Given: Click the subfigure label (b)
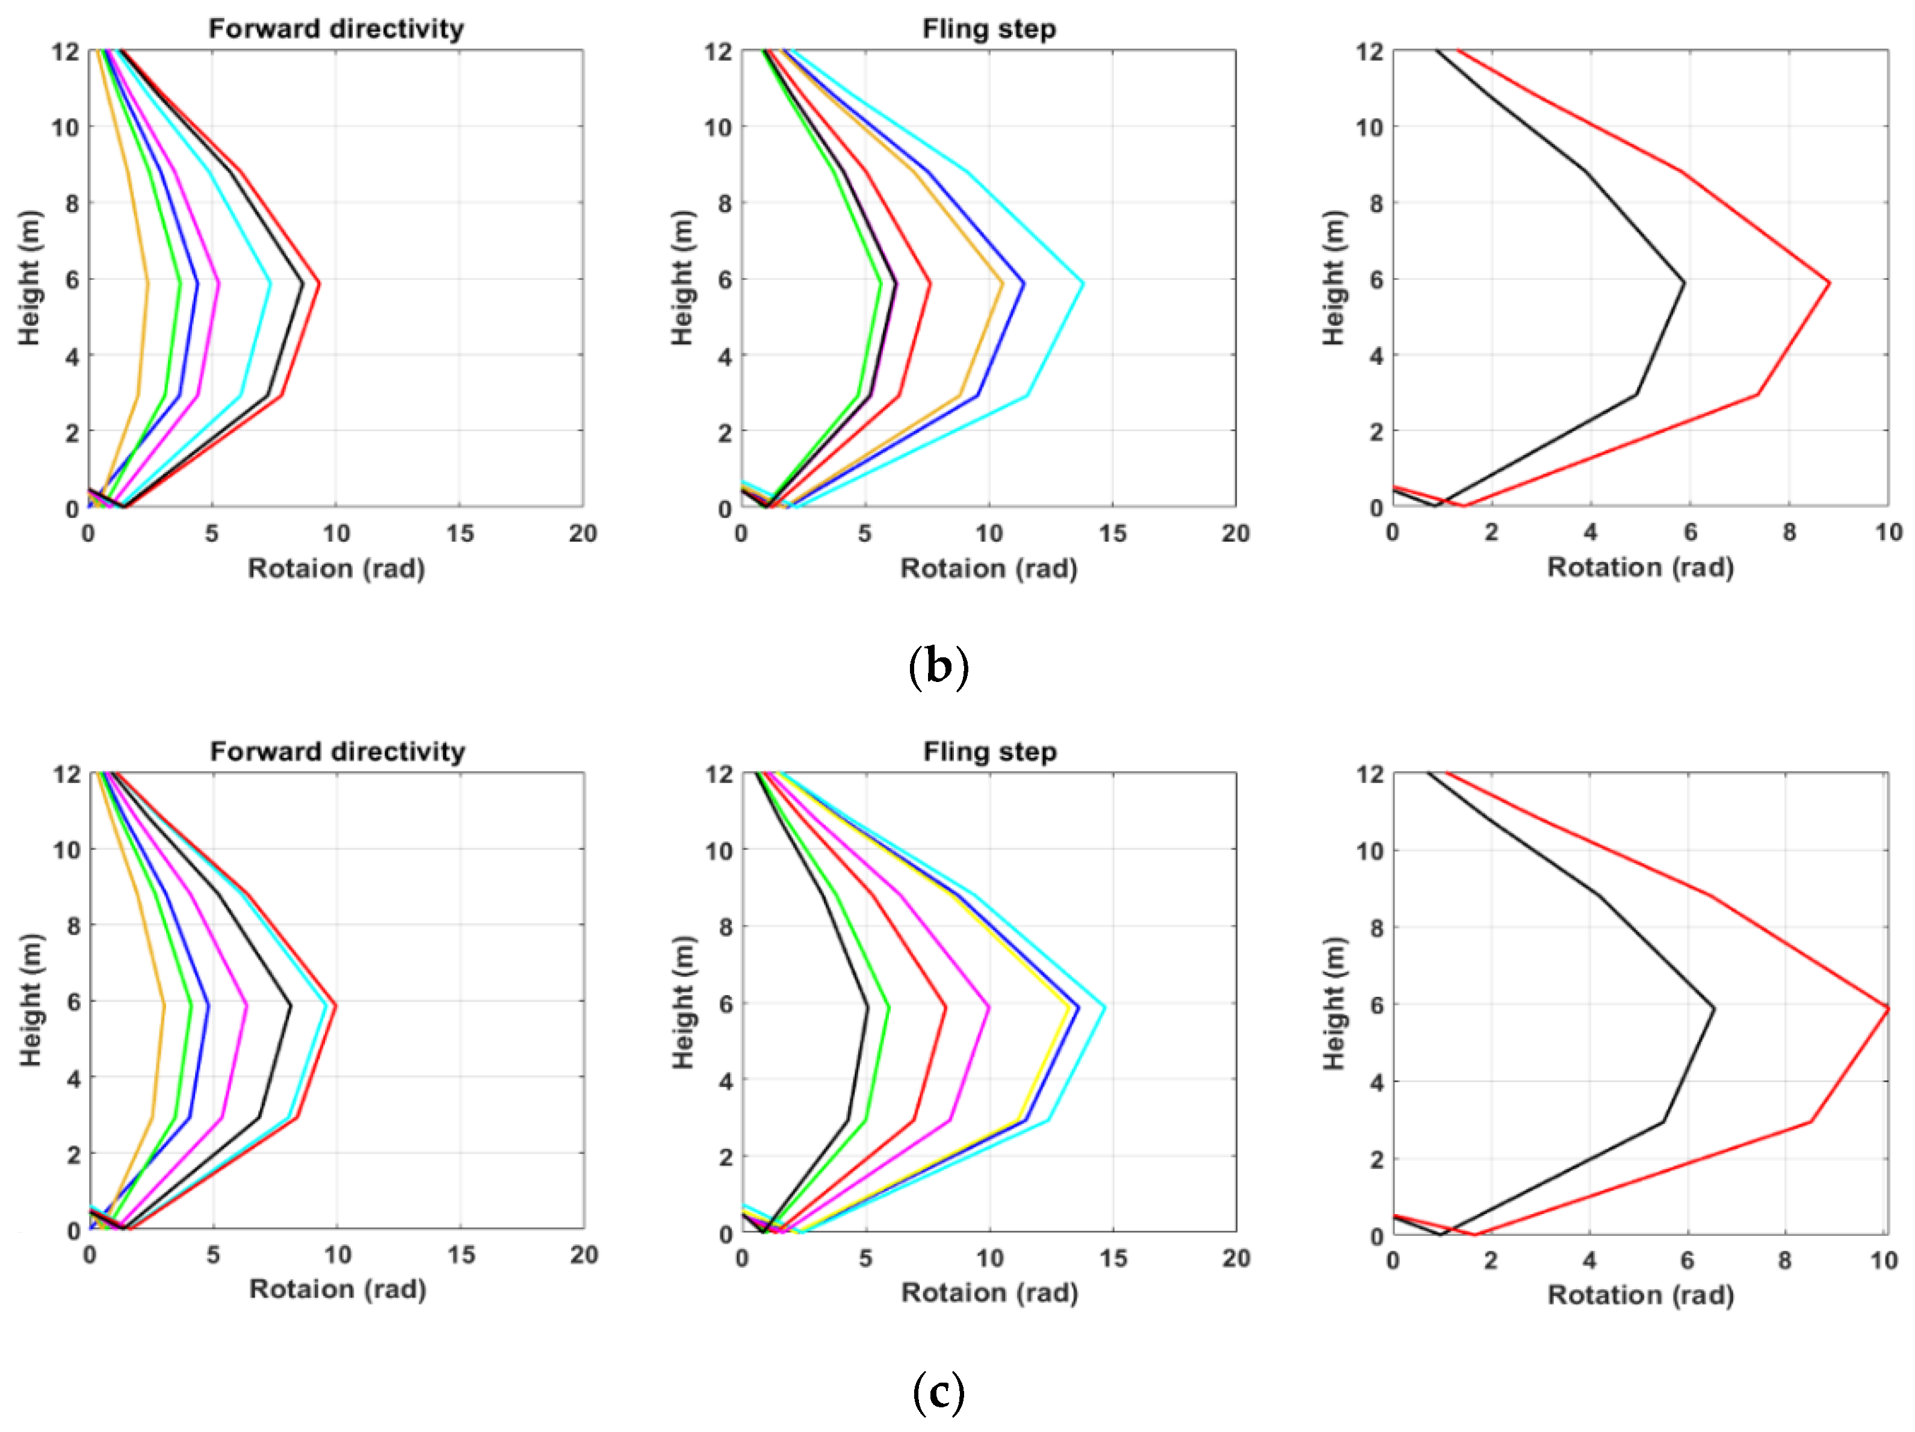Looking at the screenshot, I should (x=938, y=667).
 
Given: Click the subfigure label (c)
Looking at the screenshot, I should (x=938, y=1392).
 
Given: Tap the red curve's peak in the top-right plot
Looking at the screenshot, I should (x=1828, y=283).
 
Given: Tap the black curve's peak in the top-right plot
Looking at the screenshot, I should (x=1684, y=282).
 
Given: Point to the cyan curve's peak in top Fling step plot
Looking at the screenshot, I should (x=1083, y=283).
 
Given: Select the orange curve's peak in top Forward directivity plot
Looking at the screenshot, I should (x=148, y=283).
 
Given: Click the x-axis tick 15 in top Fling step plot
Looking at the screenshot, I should (x=1112, y=533).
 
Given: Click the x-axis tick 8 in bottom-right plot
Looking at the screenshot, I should (x=1784, y=1260).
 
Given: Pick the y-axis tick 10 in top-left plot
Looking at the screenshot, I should (x=65, y=127).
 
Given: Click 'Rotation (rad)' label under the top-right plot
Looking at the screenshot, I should (x=1640, y=568).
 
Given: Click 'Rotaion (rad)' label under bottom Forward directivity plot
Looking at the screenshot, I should (x=338, y=1289).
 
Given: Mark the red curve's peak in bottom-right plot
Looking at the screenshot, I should (x=1887, y=1008).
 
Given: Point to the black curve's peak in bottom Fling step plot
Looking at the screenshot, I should (x=867, y=1006).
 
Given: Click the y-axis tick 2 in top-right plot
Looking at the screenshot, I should (x=1376, y=431).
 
